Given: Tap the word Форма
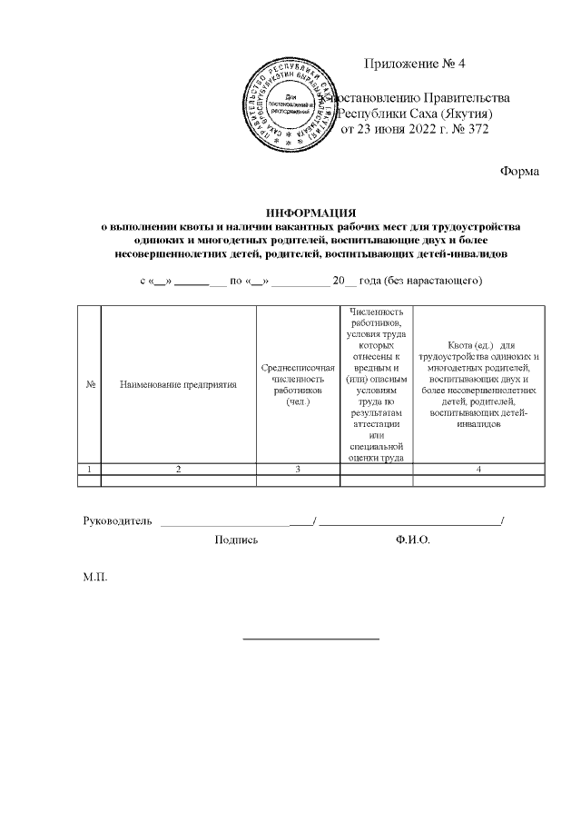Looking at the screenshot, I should (x=520, y=172).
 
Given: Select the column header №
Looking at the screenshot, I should (x=91, y=385).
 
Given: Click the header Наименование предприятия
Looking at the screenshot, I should (x=178, y=385).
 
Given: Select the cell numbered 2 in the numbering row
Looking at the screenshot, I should (x=178, y=469).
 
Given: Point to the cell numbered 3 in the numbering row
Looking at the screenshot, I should (x=298, y=469).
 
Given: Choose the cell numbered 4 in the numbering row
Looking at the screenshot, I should (x=479, y=469).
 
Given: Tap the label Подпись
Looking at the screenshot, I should (x=236, y=540).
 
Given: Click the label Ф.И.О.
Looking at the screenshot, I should (x=413, y=540).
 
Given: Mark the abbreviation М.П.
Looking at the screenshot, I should (x=95, y=578).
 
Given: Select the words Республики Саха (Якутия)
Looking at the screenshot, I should (x=415, y=114).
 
